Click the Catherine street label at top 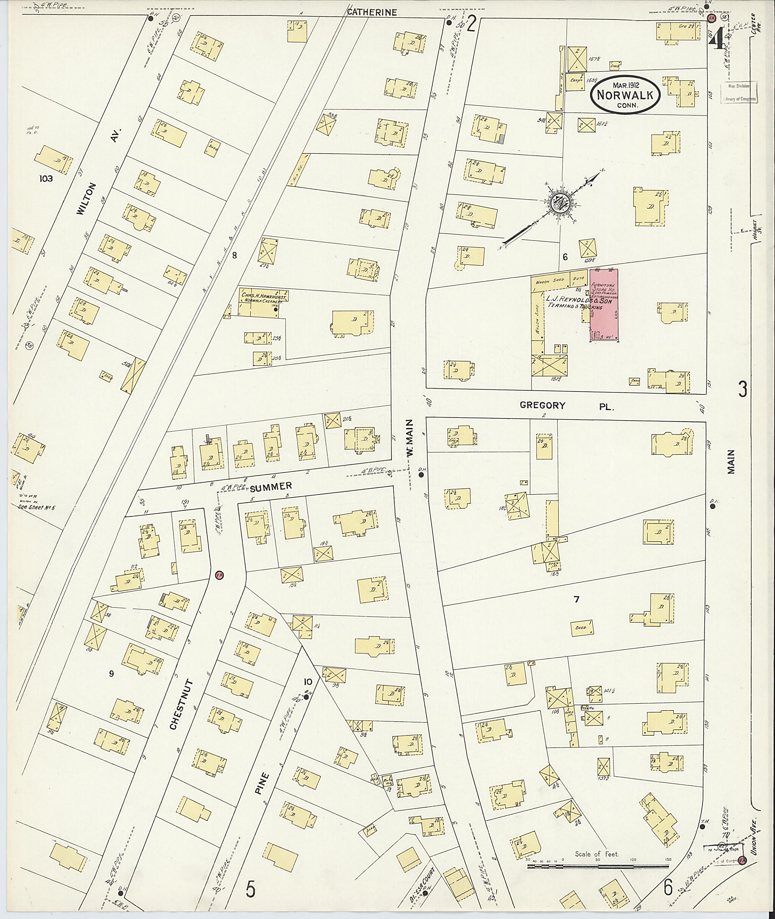tap(372, 12)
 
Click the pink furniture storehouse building tap(604, 305)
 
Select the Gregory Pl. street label tap(566, 406)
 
